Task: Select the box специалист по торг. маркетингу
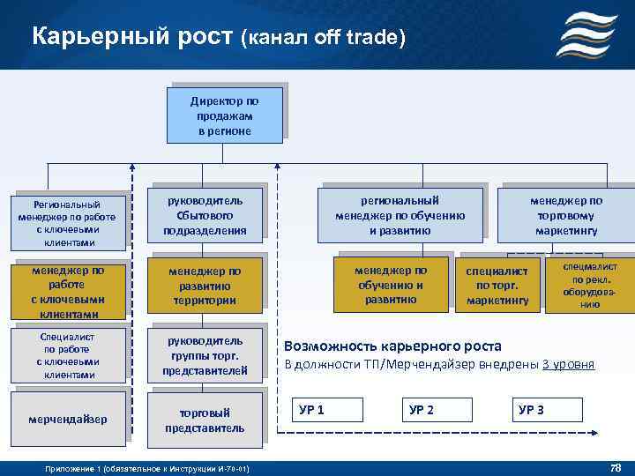click(497, 286)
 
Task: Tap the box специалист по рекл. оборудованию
click(589, 285)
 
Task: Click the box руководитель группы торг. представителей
click(205, 356)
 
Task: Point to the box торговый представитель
click(205, 420)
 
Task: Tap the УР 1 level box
click(327, 410)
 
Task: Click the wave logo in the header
click(586, 34)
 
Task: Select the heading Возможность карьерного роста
click(392, 346)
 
